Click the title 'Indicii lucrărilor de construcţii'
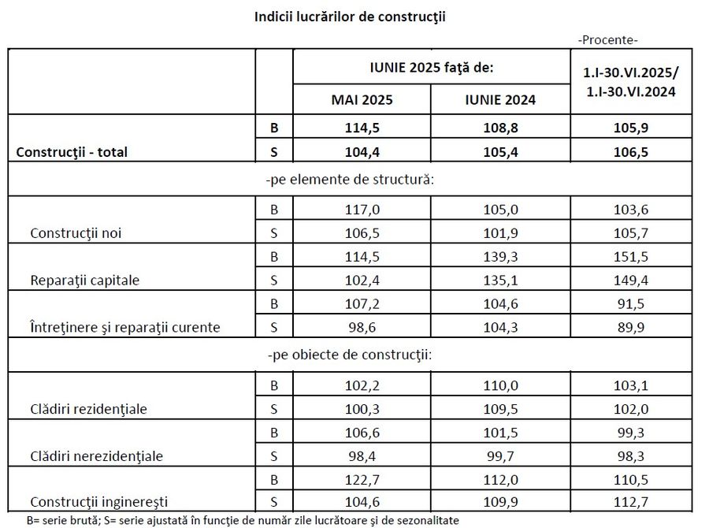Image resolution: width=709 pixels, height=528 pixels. [350, 16]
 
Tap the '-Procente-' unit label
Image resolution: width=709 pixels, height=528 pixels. [608, 39]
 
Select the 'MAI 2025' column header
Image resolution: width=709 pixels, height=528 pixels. [362, 100]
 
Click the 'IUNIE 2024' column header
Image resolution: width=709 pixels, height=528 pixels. [500, 100]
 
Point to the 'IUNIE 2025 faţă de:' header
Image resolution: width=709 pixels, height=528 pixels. [431, 68]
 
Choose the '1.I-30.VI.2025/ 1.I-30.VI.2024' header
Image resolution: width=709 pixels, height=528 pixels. [630, 82]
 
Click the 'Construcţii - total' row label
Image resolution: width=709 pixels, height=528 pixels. [72, 152]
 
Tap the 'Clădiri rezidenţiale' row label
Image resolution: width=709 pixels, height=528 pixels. [88, 409]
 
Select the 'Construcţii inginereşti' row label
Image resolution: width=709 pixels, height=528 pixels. [98, 501]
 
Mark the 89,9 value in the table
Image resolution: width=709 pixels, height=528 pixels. [630, 326]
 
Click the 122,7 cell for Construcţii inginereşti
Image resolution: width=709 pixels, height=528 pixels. [362, 478]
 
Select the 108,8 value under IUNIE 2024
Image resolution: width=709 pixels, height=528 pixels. [500, 126]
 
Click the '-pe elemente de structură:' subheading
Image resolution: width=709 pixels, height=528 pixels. [351, 179]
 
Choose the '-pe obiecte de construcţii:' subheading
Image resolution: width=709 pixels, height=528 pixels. [351, 354]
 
